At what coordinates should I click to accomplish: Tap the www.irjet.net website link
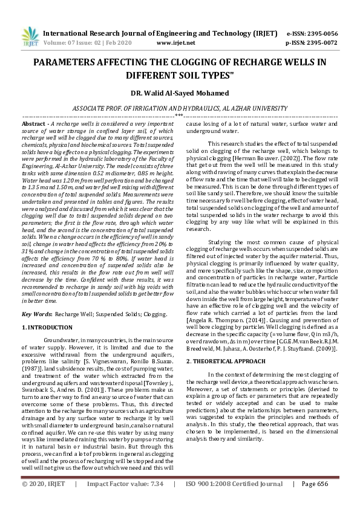175,43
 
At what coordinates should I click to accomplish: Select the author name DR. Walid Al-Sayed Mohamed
180,93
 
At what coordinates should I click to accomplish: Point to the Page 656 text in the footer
314,502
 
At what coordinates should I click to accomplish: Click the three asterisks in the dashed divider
179,115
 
